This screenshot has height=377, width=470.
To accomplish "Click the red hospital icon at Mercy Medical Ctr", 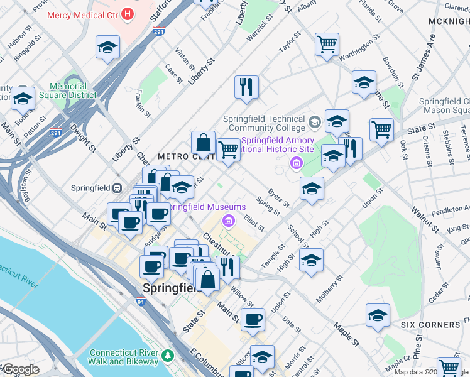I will (x=128, y=13).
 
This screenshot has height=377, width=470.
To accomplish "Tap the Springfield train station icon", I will (x=117, y=188).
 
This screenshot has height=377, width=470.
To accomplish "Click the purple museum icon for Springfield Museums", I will (x=228, y=220).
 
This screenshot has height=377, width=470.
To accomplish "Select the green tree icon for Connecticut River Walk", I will (x=167, y=356).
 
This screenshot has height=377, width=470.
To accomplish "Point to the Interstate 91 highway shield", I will (x=141, y=302).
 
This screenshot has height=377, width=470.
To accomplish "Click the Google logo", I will (x=20, y=369).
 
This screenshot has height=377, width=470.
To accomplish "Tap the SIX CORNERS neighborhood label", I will (x=430, y=324).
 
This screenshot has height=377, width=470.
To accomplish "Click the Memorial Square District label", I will (x=68, y=91).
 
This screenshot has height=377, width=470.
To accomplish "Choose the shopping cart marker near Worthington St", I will (x=327, y=45).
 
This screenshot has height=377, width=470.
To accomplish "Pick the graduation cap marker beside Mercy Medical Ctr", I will (x=107, y=48).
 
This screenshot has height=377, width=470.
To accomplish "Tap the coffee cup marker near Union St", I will (x=253, y=319).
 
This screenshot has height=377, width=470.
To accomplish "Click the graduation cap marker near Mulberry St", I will (x=311, y=260).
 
